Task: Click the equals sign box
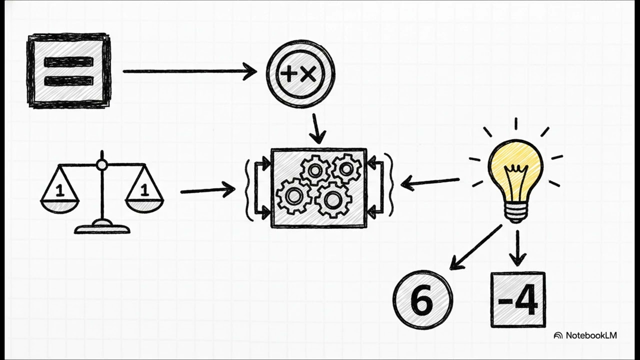tap(69, 71)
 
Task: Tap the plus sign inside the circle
tap(289, 74)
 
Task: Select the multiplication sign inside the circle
tap(308, 74)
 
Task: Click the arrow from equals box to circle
tap(190, 71)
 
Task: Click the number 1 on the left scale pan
tap(59, 190)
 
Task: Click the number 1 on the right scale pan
tap(145, 189)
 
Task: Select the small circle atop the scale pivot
tap(102, 165)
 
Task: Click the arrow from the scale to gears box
tap(208, 190)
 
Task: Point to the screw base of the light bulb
tap(515, 213)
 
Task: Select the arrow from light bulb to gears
tap(430, 183)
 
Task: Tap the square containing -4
tap(518, 299)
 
